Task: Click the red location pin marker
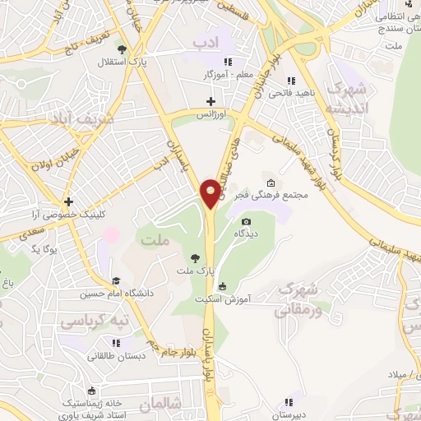coord(212,192)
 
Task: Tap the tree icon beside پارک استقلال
coord(122,50)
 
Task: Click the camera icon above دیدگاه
coord(246,222)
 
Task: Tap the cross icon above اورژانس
coord(211,100)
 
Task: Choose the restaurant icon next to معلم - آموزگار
coord(229,62)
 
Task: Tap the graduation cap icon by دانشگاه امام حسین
coord(116,281)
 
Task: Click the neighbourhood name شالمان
coord(159,405)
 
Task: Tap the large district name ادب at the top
coord(206,41)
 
